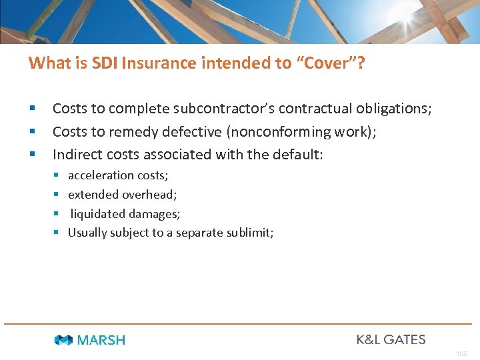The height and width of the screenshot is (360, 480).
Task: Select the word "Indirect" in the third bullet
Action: [75, 154]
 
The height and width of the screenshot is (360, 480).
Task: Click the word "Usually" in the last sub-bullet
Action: [87, 233]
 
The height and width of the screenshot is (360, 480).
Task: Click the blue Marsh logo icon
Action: [63, 340]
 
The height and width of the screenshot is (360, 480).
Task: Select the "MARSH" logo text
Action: [101, 340]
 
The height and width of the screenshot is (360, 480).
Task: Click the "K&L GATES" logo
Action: [391, 339]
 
